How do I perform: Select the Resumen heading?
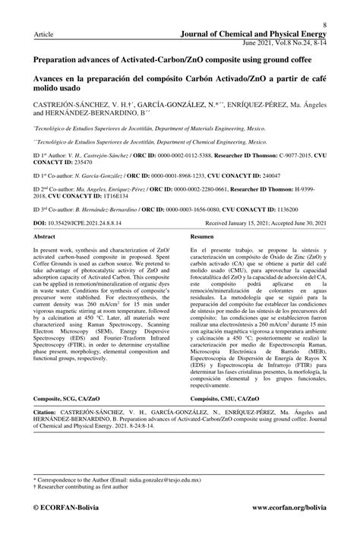(204, 237)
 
